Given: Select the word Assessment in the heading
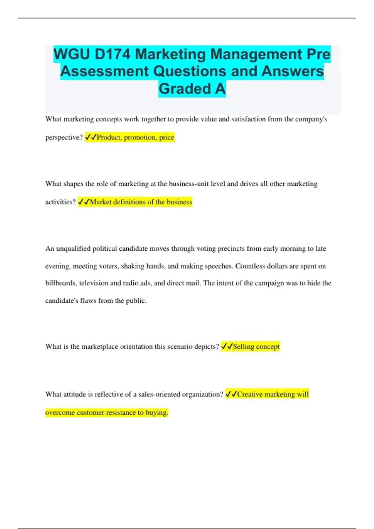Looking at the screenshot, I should [x=104, y=71].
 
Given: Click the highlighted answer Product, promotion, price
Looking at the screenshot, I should [x=135, y=137].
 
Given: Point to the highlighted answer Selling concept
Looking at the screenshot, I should [x=256, y=346].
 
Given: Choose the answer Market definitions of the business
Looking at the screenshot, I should [x=141, y=202].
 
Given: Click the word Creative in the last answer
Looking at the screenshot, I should [x=250, y=394].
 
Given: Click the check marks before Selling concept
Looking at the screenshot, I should [x=227, y=346].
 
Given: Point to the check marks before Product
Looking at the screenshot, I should [x=90, y=137].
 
